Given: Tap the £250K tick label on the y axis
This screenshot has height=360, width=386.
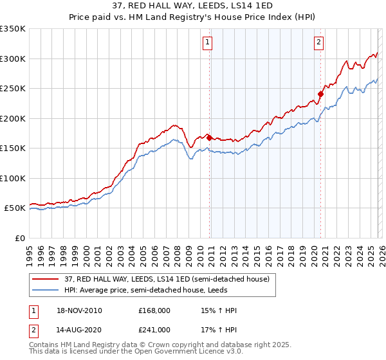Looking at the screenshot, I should pyautogui.click(x=13, y=89).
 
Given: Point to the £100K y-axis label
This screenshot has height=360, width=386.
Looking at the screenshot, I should pyautogui.click(x=13, y=178).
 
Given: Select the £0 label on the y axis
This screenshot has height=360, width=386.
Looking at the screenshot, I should pyautogui.click(x=19, y=238).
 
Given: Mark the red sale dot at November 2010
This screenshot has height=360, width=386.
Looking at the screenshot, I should pyautogui.click(x=209, y=137).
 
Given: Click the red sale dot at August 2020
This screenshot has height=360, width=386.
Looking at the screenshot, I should pyautogui.click(x=320, y=94).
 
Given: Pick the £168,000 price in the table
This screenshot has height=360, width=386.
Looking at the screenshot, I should pyautogui.click(x=154, y=311).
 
